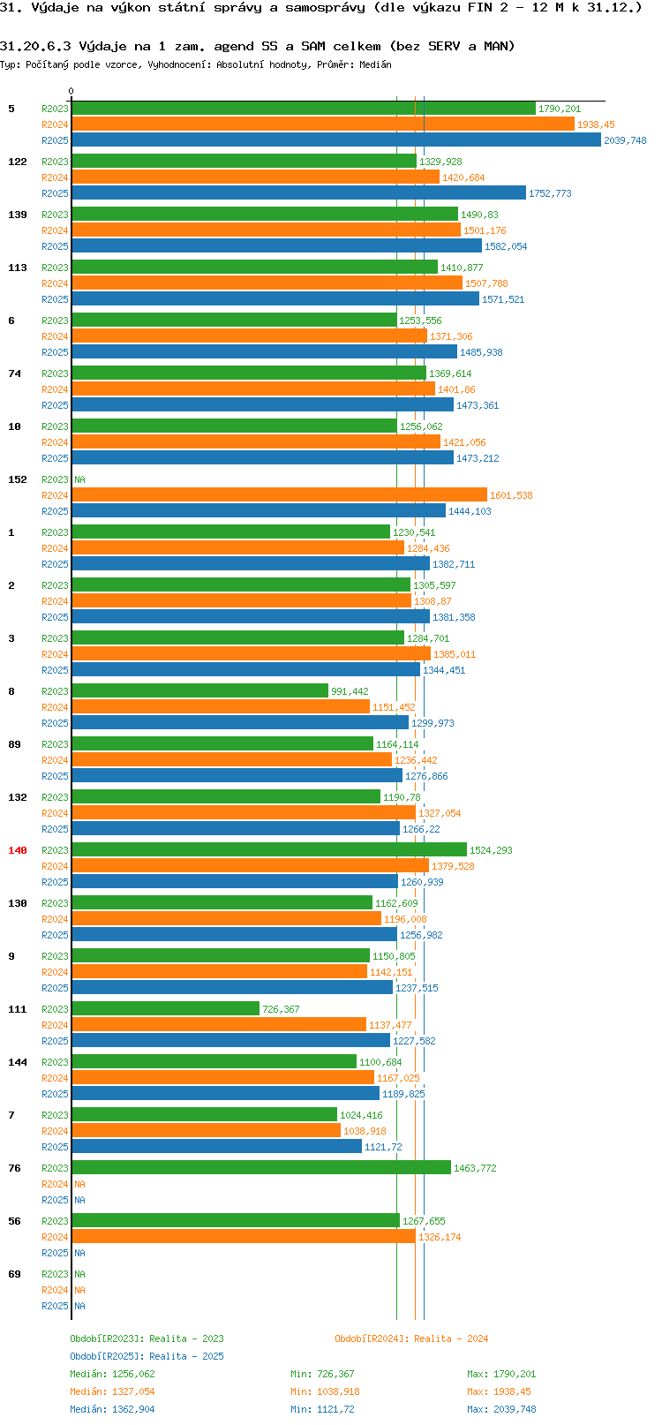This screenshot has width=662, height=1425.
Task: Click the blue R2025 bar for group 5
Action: coord(335,140)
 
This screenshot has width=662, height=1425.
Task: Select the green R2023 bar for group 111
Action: coord(165,1009)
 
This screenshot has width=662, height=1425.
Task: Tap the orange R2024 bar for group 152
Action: coord(279,495)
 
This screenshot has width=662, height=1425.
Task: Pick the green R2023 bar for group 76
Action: coord(260,1168)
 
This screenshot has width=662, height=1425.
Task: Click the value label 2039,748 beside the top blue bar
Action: coord(625,140)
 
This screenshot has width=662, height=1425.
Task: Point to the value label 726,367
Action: coord(281,1009)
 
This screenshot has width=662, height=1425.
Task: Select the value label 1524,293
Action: coord(491,850)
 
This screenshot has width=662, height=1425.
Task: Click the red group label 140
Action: coord(18,850)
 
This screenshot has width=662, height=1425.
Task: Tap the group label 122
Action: coord(18,162)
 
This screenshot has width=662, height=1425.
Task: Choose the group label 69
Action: coord(14,1274)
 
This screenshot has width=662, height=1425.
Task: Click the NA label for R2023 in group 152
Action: coord(79,479)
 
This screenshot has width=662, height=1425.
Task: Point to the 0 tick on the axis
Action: coord(71,92)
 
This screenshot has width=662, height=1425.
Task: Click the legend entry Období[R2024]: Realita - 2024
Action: coord(411,1338)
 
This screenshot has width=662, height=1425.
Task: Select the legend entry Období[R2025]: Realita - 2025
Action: coord(147,1356)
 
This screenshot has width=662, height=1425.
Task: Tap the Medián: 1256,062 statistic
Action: coord(112,1374)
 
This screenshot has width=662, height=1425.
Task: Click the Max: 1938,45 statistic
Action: coord(499,1391)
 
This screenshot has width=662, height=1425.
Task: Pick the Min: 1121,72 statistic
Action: coord(322,1409)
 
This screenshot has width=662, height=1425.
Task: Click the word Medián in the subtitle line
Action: coord(375,64)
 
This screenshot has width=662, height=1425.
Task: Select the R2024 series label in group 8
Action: coord(55,707)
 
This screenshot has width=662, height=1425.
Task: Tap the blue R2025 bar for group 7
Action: coord(216,1147)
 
